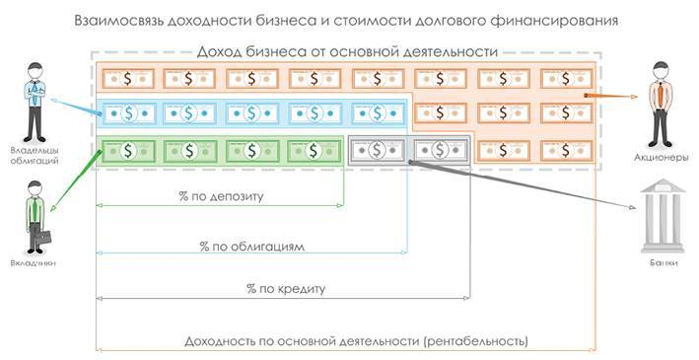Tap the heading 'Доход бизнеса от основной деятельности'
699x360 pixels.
click(x=348, y=52)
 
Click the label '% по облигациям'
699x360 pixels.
click(x=252, y=244)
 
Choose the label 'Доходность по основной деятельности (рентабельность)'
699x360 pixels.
click(x=357, y=341)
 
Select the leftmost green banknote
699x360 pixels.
click(x=126, y=150)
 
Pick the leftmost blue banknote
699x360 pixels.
click(x=126, y=113)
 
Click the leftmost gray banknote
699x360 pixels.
click(x=377, y=150)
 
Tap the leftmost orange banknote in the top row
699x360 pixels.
click(x=126, y=77)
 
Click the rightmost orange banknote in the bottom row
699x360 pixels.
click(x=566, y=150)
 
